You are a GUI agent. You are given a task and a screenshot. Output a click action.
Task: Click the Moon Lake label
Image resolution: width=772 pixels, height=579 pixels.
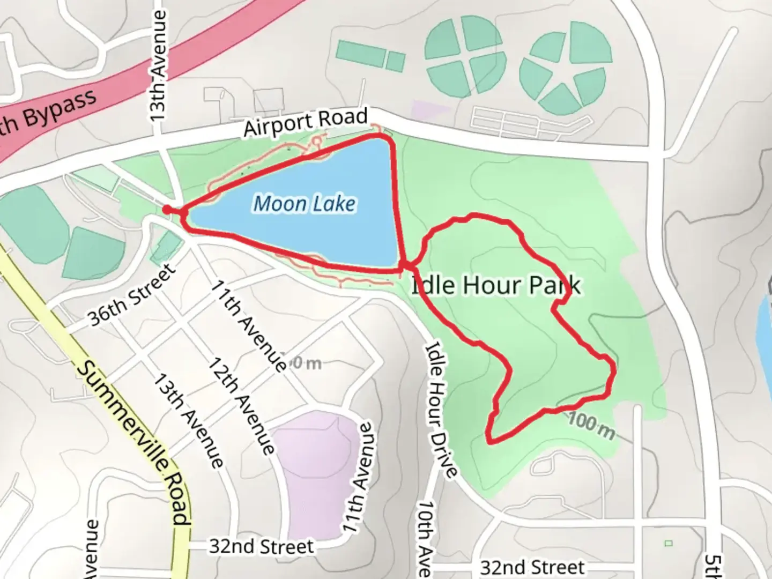pyautogui.click(x=304, y=204)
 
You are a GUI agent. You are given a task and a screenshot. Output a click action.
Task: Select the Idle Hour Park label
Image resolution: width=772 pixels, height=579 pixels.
pyautogui.click(x=495, y=285)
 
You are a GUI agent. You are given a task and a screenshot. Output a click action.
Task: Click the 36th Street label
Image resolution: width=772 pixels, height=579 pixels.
pyautogui.click(x=132, y=295)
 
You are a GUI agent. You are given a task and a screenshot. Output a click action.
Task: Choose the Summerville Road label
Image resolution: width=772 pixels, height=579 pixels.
pyautogui.click(x=133, y=443)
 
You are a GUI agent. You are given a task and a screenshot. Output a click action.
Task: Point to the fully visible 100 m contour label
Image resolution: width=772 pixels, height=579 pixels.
pyautogui.click(x=591, y=424)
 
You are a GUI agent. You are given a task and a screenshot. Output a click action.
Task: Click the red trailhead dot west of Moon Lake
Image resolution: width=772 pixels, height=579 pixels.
pyautogui.click(x=167, y=210)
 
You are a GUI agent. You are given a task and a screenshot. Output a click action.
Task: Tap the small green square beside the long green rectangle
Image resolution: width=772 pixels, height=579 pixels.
pyautogui.click(x=396, y=61)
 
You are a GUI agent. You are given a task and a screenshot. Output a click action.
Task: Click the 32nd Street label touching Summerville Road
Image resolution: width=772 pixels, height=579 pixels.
pyautogui.click(x=261, y=547)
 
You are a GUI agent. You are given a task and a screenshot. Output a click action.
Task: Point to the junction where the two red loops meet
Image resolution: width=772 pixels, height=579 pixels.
pyautogui.click(x=407, y=265)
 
